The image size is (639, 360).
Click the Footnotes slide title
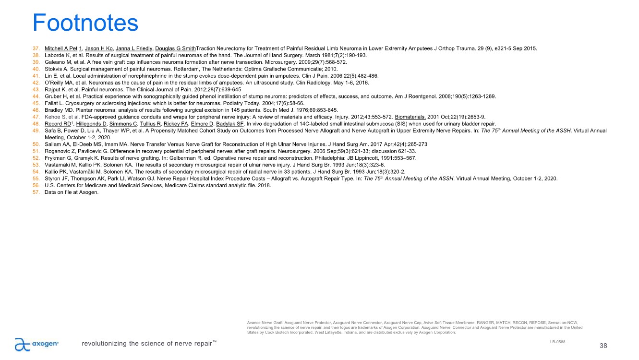coord(85,23)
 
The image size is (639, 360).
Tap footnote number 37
coord(36,49)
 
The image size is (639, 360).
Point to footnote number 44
coord(36,96)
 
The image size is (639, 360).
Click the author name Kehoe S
coord(55,116)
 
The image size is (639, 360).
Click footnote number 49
coord(36,130)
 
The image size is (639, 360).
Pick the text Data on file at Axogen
coord(72,192)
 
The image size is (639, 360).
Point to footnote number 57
coord(36,192)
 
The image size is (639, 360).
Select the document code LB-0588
coord(557,341)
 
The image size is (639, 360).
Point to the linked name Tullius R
coord(150,123)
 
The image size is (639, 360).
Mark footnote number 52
coord(36,158)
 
